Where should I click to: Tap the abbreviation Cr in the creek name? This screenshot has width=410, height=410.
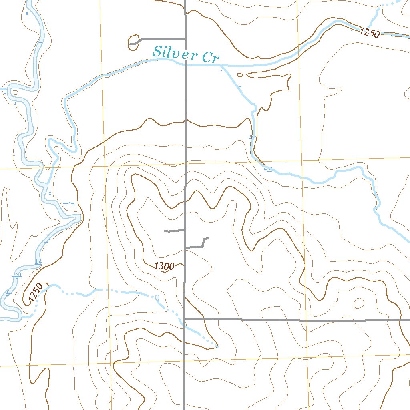tap(210, 57)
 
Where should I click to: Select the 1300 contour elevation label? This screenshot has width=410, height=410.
tap(163, 266)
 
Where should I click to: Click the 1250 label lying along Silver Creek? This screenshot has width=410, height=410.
tap(369, 33)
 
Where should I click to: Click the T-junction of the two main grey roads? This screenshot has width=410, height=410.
tap(185, 319)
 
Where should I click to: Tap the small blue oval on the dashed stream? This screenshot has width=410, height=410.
tap(157, 297)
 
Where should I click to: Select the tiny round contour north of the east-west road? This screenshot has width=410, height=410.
tap(359, 303)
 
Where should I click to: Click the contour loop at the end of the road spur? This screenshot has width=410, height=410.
tap(133, 42)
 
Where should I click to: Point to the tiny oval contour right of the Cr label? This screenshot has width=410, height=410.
tap(240, 74)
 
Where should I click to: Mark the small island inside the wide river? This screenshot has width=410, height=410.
tap(15, 92)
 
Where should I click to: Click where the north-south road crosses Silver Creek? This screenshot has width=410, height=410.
tap(185, 63)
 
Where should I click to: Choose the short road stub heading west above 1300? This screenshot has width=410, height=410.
tap(175, 231)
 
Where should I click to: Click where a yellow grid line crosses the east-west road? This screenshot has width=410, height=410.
tap(307, 320)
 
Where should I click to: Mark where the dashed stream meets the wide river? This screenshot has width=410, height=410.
tap(30, 316)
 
